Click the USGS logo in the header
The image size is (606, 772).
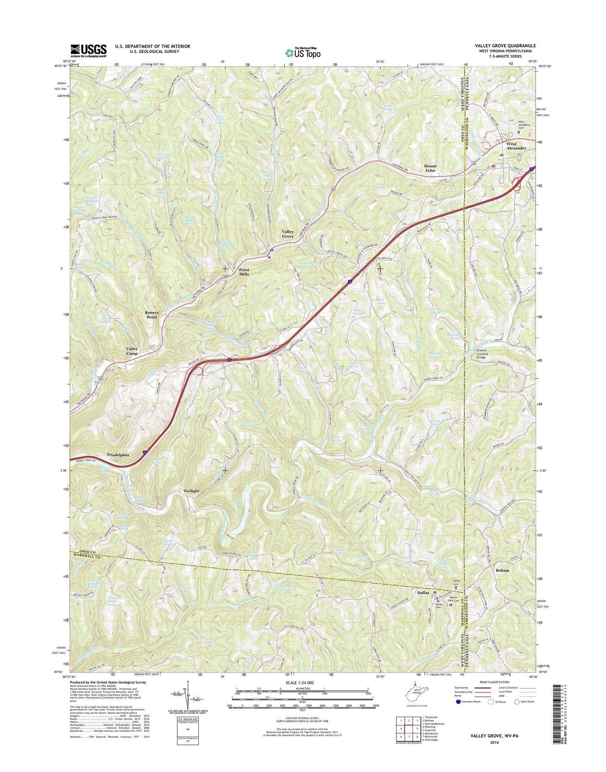point(88,51)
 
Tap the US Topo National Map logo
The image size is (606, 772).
point(303,52)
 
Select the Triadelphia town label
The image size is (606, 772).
point(118,455)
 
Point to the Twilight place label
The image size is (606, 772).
point(191,491)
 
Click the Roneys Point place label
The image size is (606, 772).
point(151,315)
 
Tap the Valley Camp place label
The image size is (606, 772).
point(132,351)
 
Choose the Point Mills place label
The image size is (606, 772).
point(244,272)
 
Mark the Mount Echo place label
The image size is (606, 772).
point(430,168)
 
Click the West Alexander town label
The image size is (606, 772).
point(516,146)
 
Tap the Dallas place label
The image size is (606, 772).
point(423,593)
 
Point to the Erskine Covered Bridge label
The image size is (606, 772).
point(481,354)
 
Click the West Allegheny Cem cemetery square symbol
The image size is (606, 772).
point(519,132)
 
